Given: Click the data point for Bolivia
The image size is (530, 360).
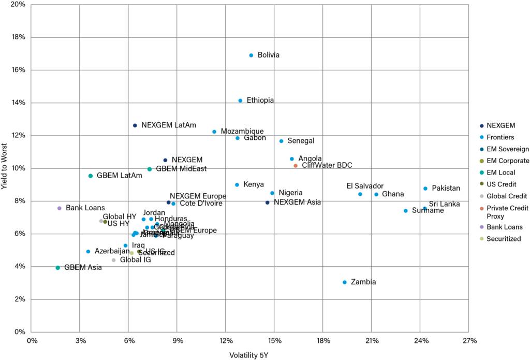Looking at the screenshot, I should click(x=252, y=55).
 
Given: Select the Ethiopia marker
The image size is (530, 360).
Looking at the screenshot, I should click(x=240, y=100).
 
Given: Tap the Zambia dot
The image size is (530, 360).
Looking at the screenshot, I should click(x=345, y=282).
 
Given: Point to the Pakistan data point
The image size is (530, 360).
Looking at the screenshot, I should click(x=425, y=189).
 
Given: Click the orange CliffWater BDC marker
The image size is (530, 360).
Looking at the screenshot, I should click(x=296, y=166).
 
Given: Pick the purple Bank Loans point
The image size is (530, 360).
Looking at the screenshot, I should click(x=60, y=208).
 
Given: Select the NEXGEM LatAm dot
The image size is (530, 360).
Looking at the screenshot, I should click(x=135, y=125).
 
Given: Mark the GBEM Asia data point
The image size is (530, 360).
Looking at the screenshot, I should click(x=58, y=268).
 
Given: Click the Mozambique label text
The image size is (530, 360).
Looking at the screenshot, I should click(x=242, y=132).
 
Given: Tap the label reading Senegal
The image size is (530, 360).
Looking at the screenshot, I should click(x=301, y=141).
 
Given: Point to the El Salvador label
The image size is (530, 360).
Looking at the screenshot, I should click(x=365, y=186).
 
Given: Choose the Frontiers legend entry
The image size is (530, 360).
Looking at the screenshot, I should click(x=500, y=137).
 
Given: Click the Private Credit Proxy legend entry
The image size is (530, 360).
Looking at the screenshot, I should click(x=508, y=212).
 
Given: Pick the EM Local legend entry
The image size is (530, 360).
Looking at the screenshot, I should click(x=500, y=172).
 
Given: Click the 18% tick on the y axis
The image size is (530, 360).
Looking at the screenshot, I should click(x=19, y=37).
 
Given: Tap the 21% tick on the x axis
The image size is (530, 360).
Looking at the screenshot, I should click(x=372, y=340).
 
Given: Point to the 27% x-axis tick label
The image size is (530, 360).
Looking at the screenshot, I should click(x=469, y=340).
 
